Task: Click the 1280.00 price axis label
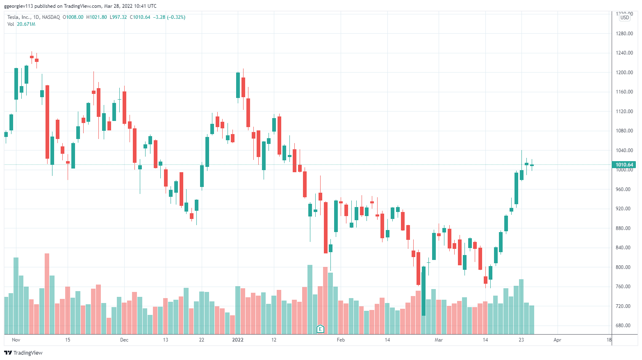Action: [624, 34]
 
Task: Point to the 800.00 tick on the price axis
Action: [624, 267]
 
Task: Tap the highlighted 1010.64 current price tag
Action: [624, 164]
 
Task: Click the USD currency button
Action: [625, 18]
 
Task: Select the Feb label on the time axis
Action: [341, 340]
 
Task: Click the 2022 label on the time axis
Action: [238, 340]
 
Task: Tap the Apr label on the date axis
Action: [557, 340]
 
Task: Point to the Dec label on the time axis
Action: [124, 340]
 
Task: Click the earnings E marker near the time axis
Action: [320, 329]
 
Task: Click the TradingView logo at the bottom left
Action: [23, 353]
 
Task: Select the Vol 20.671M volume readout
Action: [21, 24]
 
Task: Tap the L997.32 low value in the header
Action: [118, 17]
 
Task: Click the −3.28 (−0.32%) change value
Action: [169, 17]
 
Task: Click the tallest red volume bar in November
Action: [47, 294]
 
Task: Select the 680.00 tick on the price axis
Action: [624, 326]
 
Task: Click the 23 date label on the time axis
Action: [521, 340]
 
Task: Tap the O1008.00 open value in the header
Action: [73, 17]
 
